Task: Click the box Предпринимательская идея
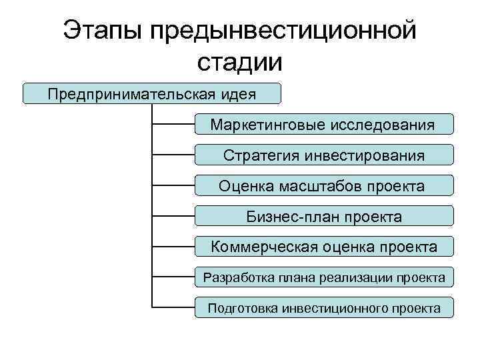[152, 93]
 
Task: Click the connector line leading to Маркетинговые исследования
[173, 124]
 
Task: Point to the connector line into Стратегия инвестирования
[173, 155]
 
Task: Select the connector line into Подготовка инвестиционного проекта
[173, 308]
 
